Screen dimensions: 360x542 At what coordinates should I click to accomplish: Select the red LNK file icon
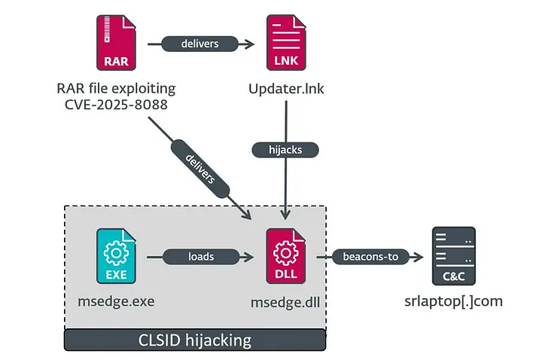pyautogui.click(x=287, y=44)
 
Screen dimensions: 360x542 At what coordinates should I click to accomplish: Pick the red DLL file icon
pyautogui.click(x=287, y=257)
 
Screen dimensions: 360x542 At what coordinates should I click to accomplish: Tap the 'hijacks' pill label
pyautogui.click(x=286, y=150)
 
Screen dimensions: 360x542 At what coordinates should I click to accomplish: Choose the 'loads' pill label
pyautogui.click(x=201, y=257)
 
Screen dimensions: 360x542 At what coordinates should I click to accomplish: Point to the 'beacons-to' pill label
pyautogui.click(x=370, y=257)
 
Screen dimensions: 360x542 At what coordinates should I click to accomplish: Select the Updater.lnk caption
pyautogui.click(x=286, y=89)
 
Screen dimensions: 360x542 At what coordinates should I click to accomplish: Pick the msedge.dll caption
pyautogui.click(x=287, y=303)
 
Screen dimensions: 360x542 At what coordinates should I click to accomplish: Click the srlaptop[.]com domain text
pyautogui.click(x=453, y=303)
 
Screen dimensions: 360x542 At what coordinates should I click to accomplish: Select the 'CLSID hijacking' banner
pyautogui.click(x=195, y=340)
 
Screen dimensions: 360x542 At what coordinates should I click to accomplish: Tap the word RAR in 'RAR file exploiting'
pyautogui.click(x=69, y=89)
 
